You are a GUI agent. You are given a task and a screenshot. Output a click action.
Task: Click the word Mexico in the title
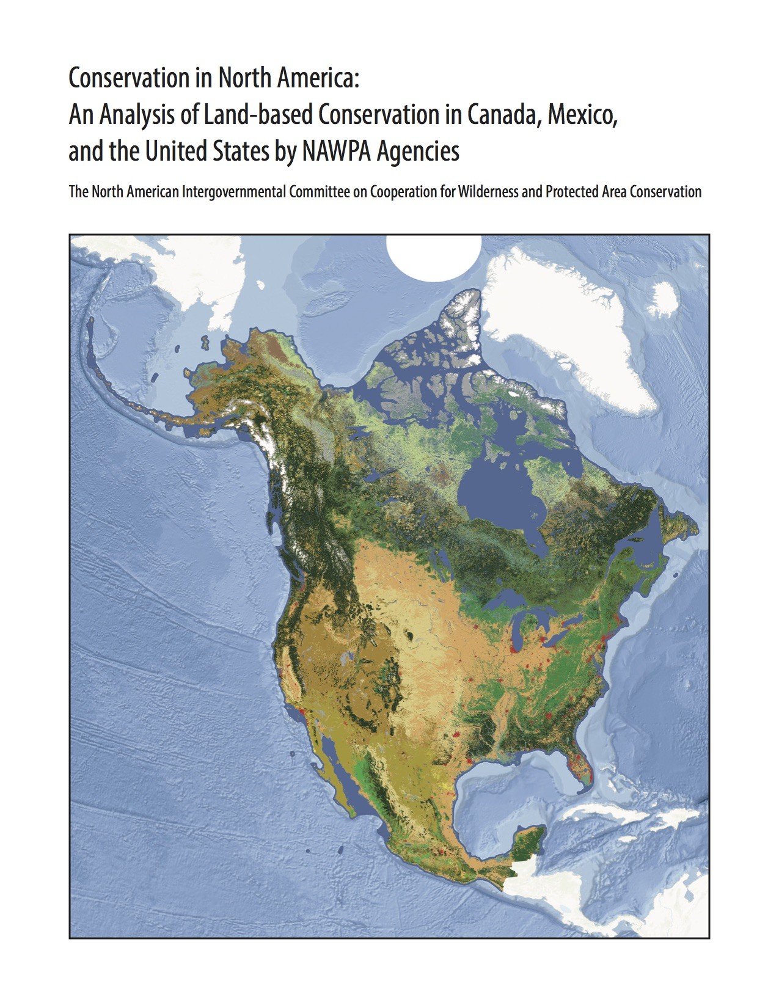click(581, 114)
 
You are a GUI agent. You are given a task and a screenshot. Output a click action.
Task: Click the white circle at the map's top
click(434, 257)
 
